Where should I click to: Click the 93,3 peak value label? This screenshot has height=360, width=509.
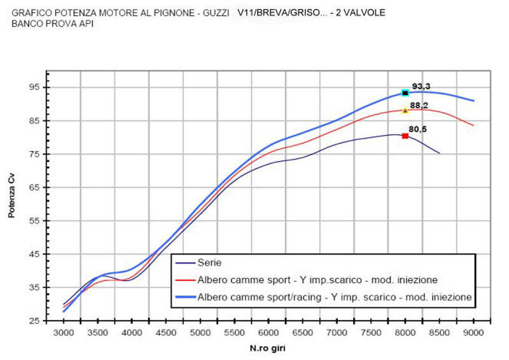point(421,86)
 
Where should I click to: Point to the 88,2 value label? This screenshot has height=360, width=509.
point(418,106)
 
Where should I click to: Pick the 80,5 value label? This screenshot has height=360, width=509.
point(417,129)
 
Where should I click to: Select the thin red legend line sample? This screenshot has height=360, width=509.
point(185,279)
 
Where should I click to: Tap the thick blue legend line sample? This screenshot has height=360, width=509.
point(185,297)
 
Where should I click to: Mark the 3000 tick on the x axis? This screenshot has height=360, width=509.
point(64,332)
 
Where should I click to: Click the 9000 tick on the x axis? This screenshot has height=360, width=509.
point(473,332)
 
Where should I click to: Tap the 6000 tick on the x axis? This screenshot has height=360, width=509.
point(268,332)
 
